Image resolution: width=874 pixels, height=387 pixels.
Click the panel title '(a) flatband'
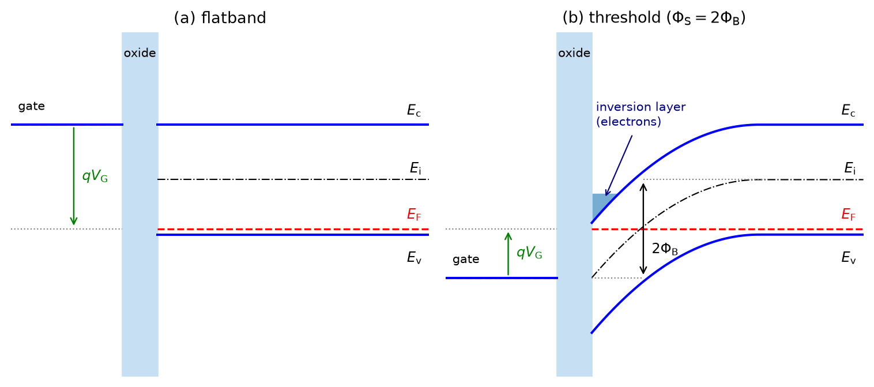click(x=220, y=18)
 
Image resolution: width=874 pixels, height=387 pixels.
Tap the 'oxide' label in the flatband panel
click(x=140, y=53)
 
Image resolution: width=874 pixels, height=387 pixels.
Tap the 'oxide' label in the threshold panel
click(x=574, y=53)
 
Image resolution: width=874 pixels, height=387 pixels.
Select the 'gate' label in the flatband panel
click(x=31, y=107)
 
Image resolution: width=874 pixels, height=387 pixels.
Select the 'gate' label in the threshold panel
click(x=466, y=260)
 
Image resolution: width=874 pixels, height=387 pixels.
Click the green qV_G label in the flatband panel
click(x=95, y=176)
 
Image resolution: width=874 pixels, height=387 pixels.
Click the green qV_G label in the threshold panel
click(x=529, y=253)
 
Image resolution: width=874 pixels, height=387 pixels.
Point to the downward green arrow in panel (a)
click(x=73, y=176)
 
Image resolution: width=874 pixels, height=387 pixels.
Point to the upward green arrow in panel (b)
click(x=508, y=254)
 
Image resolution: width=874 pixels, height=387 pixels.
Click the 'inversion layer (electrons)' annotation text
click(x=641, y=114)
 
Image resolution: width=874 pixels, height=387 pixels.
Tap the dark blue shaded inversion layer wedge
click(x=600, y=204)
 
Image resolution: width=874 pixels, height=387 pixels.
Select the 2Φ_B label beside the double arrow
click(x=665, y=249)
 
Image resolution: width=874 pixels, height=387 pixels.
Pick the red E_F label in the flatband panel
click(x=413, y=215)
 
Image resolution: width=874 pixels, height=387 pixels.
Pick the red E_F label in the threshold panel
click(x=848, y=215)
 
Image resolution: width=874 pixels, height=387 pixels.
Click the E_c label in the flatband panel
click(x=413, y=111)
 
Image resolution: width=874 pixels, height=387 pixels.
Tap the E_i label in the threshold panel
click(x=850, y=168)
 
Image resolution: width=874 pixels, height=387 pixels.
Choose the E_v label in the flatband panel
click(x=414, y=257)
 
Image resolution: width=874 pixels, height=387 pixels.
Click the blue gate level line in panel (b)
click(x=502, y=278)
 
